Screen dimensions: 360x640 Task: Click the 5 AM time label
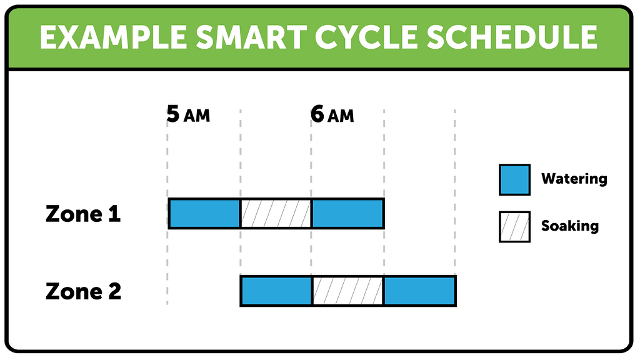188,115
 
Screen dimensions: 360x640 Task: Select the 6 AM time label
332,115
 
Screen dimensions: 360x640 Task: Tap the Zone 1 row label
83,214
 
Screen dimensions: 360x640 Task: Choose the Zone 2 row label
83,291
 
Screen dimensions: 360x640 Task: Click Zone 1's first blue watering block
204,214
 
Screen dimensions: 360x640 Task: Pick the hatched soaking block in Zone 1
276,214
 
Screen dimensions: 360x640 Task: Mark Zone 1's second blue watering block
347,214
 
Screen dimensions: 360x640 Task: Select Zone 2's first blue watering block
276,291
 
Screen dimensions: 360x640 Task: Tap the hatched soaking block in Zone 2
347,291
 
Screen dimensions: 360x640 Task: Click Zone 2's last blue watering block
419,291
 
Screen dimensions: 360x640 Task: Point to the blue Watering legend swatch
514,179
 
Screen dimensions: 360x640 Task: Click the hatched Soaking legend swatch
514,226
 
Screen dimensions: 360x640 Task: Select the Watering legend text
574,179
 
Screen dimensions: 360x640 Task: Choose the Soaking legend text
569,226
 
